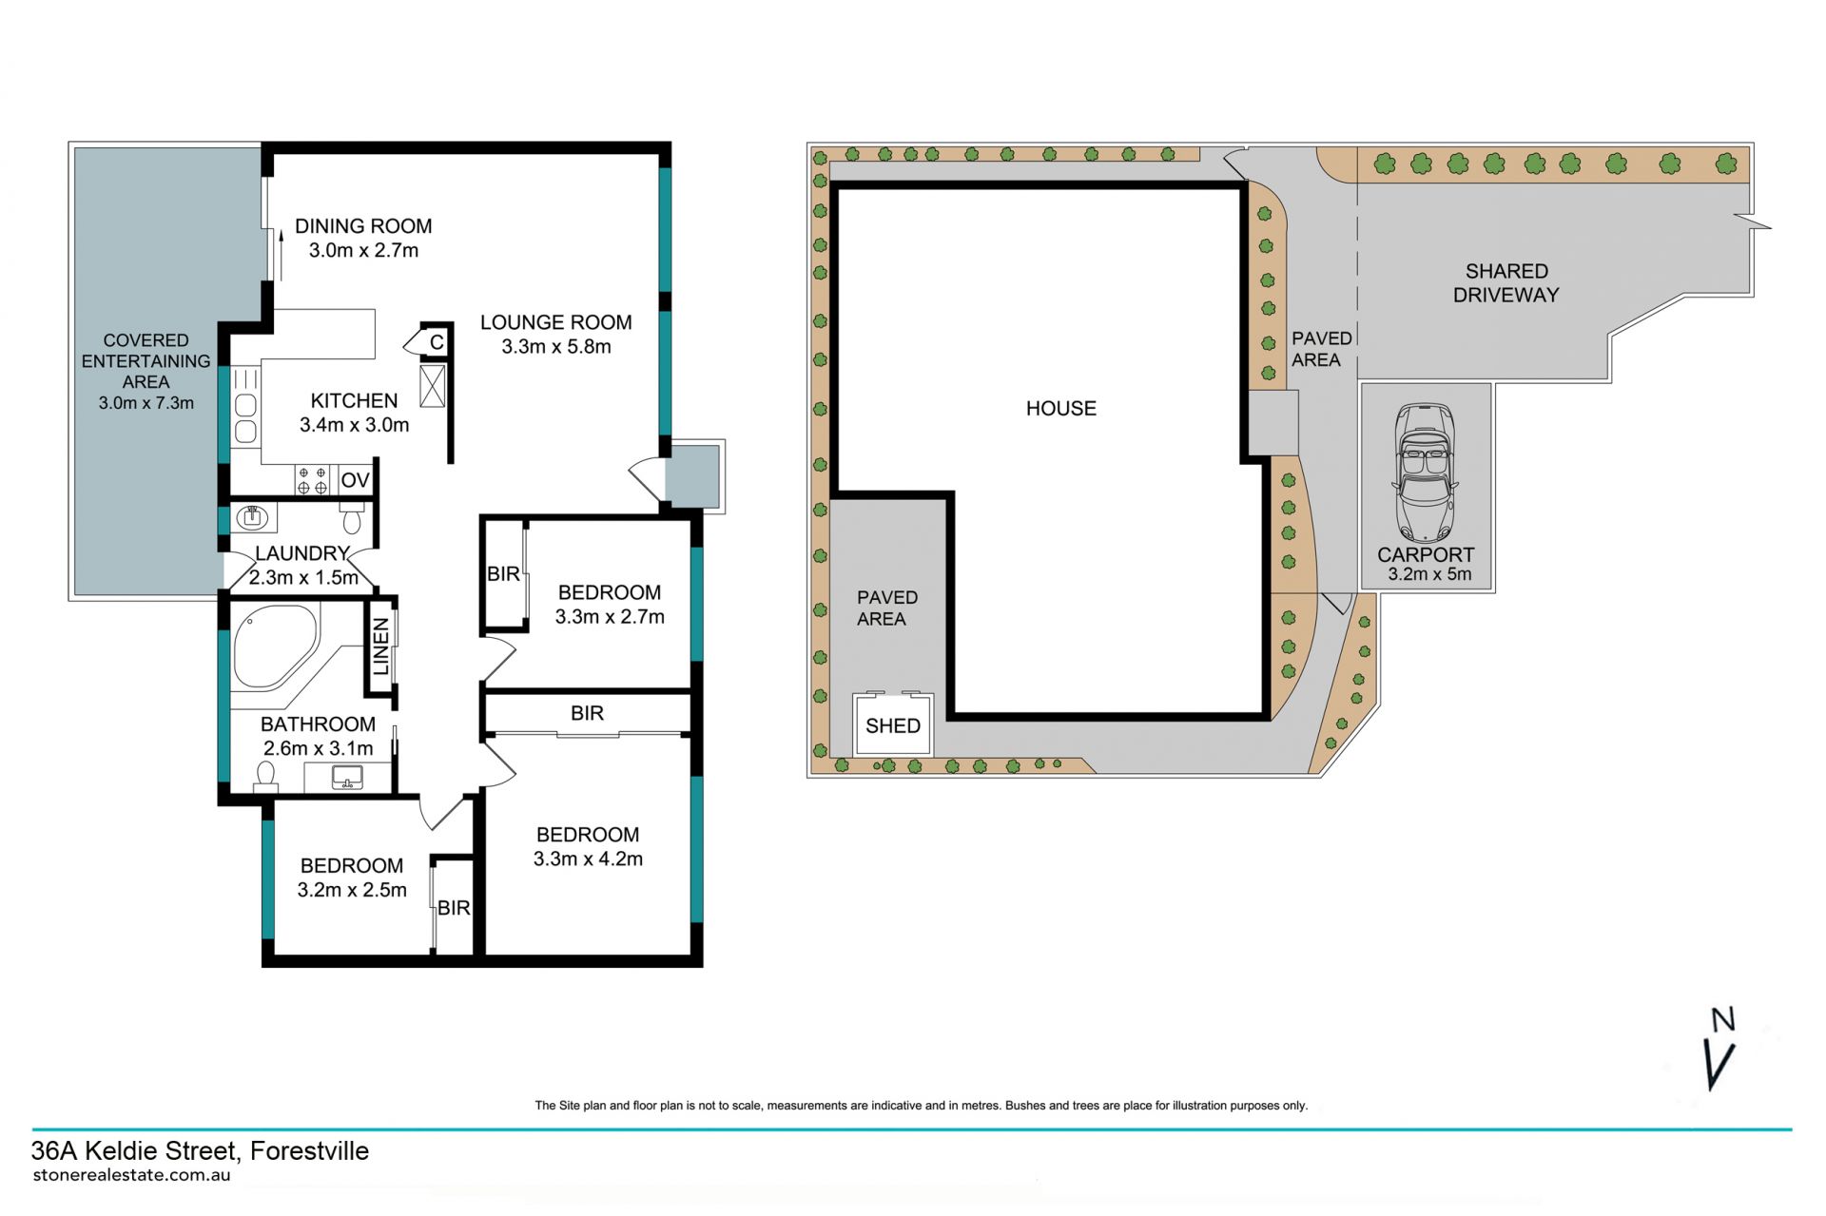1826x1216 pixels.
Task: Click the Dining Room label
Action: coord(363,226)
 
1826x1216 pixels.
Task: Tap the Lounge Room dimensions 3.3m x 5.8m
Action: coord(556,347)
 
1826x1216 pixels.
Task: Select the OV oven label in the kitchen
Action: coord(355,480)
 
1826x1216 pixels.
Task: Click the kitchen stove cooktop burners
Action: coord(312,480)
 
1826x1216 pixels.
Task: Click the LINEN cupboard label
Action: coord(381,647)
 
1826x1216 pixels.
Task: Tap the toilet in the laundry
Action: coord(352,518)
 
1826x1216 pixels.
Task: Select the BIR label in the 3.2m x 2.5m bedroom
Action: coord(454,908)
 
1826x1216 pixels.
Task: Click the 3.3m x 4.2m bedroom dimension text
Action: coord(588,859)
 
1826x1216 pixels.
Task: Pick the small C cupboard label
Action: coord(437,342)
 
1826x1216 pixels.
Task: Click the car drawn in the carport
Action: coord(1425,473)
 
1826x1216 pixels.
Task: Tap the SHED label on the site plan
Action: coord(893,726)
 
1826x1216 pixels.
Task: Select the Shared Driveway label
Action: coord(1506,283)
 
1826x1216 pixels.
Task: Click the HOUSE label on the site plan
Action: coord(1061,409)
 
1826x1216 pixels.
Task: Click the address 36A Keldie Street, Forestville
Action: coord(200,1151)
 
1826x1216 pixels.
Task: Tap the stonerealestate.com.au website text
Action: coord(131,1175)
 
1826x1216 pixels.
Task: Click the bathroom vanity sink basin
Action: coord(347,778)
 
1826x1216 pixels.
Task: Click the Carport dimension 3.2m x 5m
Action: coord(1429,574)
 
